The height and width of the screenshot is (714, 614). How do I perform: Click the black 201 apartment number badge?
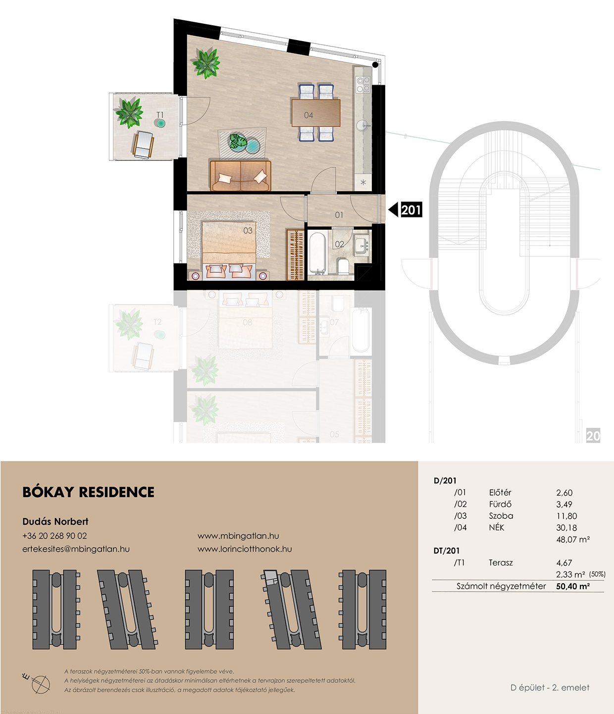pos(411,209)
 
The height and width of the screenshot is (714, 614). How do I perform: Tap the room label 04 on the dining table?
pos(308,115)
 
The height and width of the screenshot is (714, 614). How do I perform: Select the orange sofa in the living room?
pos(240,175)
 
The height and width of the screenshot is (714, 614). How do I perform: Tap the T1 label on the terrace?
pos(160,115)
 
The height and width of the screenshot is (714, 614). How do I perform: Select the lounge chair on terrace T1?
pos(143,145)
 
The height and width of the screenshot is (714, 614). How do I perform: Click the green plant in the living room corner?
pos(206,63)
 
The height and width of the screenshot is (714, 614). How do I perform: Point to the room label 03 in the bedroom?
pos(248,230)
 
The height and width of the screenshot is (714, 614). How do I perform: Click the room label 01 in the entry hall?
pos(339,215)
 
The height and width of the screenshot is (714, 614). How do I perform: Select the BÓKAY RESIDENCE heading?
pos(89,492)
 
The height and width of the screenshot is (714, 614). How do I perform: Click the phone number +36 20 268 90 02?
pos(54,536)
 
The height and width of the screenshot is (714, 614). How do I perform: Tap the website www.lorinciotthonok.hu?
pos(245,549)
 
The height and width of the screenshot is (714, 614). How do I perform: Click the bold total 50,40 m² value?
pos(573,586)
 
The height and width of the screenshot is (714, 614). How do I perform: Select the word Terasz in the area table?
pos(501,562)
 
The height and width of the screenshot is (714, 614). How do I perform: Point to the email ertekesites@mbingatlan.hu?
pos(76,549)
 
